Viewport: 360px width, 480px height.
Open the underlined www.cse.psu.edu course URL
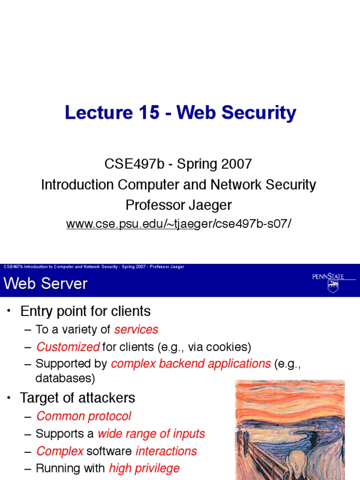179,224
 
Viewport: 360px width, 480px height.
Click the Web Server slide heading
45,284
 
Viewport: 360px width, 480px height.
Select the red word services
136,330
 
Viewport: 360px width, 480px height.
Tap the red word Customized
68,347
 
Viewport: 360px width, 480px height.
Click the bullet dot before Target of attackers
8,398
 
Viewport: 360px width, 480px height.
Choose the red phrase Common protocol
83,416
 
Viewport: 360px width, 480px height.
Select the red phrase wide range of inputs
151,434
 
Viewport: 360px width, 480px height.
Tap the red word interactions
166,451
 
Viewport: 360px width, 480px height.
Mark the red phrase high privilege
144,468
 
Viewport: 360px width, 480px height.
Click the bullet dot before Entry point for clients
8,312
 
